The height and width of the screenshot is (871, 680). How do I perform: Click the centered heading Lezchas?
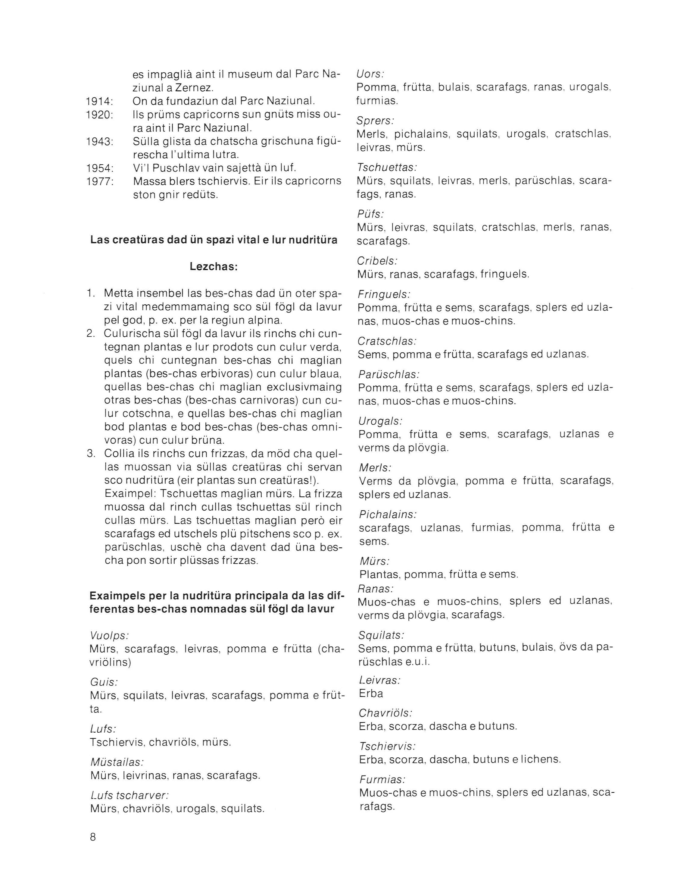pyautogui.click(x=214, y=267)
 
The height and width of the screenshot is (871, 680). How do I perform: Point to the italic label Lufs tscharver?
pyautogui.click(x=130, y=795)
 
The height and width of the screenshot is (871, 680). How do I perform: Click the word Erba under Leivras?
pyautogui.click(x=371, y=693)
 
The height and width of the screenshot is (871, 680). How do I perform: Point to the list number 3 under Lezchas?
pyautogui.click(x=91, y=454)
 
